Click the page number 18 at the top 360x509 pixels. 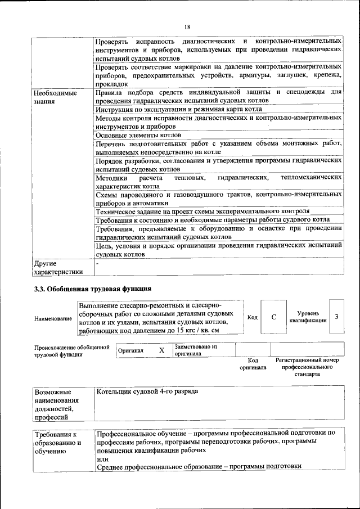[187, 26]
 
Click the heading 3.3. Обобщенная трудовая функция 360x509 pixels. [93, 289]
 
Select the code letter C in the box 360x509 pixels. [274, 317]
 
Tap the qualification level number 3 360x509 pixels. [336, 317]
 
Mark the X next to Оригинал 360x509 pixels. [161, 350]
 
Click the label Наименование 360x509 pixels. [53, 319]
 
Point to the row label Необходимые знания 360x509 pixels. [55, 97]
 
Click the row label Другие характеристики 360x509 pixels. [58, 267]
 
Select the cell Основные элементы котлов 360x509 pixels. [138, 135]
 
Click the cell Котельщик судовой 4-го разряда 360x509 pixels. [147, 391]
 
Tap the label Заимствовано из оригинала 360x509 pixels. [196, 350]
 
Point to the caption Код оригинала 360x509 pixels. [253, 363]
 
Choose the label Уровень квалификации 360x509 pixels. [308, 317]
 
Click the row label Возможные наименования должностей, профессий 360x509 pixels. [57, 404]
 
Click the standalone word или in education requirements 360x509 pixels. [102, 459]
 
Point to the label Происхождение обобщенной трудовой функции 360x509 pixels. [71, 351]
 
